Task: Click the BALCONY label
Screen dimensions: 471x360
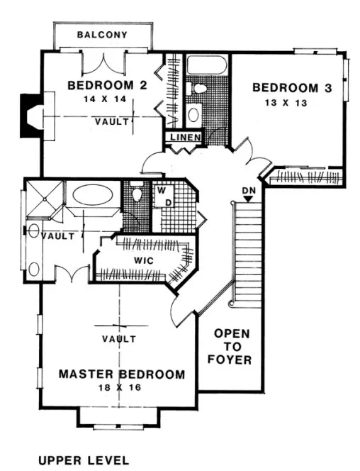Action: pyautogui.click(x=102, y=35)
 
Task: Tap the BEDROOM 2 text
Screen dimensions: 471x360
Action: pyautogui.click(x=107, y=86)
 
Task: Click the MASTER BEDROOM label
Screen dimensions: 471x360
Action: pyautogui.click(x=121, y=374)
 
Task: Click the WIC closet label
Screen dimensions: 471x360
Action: pyautogui.click(x=144, y=260)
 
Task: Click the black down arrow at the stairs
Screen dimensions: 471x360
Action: pyautogui.click(x=247, y=200)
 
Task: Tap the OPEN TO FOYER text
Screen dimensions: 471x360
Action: pyautogui.click(x=232, y=346)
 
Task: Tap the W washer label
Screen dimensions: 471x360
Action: pyautogui.click(x=161, y=191)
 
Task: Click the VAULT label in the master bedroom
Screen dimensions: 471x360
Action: pyautogui.click(x=118, y=339)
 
